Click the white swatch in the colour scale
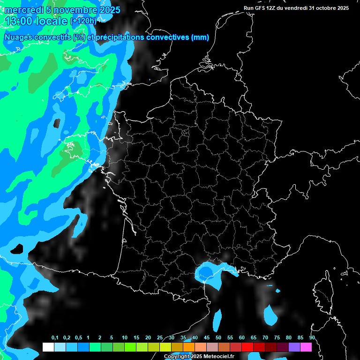(48, 347)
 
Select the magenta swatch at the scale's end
(306, 347)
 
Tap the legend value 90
(312, 337)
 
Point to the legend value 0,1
(55, 337)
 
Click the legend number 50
(218, 337)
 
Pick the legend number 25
(160, 337)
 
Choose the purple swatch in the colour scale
(294, 347)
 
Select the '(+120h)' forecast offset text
(83, 21)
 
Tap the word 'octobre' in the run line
(322, 8)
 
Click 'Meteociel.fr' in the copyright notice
(218, 356)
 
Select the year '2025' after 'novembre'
(107, 10)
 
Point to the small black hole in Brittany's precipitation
(57, 123)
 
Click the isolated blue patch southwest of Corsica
(270, 315)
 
